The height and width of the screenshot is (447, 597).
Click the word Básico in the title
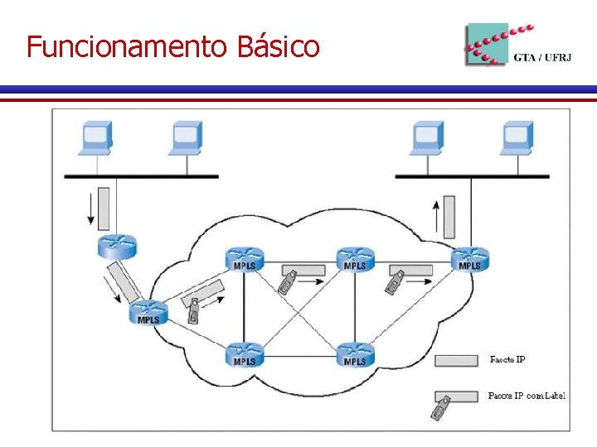[x=278, y=47]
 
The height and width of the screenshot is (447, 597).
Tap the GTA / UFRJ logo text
[x=536, y=57]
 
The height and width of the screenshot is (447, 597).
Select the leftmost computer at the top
[x=96, y=138]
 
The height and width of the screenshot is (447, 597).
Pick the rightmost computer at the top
[x=517, y=138]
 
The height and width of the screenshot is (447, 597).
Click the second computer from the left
[x=186, y=138]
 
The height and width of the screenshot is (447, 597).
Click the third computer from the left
[x=428, y=138]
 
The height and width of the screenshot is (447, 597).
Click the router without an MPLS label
[x=116, y=246]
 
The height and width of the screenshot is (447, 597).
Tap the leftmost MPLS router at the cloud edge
[x=149, y=312]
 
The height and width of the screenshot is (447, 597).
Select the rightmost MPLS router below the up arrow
[x=469, y=258]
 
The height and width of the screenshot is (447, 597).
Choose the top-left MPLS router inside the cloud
[x=244, y=258]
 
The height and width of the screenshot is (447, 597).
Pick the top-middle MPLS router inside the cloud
[x=355, y=258]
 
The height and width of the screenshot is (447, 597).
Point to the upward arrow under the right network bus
[x=437, y=216]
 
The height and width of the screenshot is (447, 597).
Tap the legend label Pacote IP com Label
[x=527, y=396]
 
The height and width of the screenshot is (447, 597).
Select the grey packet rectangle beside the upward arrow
[x=450, y=216]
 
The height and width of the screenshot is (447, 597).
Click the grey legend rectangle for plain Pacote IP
[x=457, y=360]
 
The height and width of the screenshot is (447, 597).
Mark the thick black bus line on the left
[x=142, y=176]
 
